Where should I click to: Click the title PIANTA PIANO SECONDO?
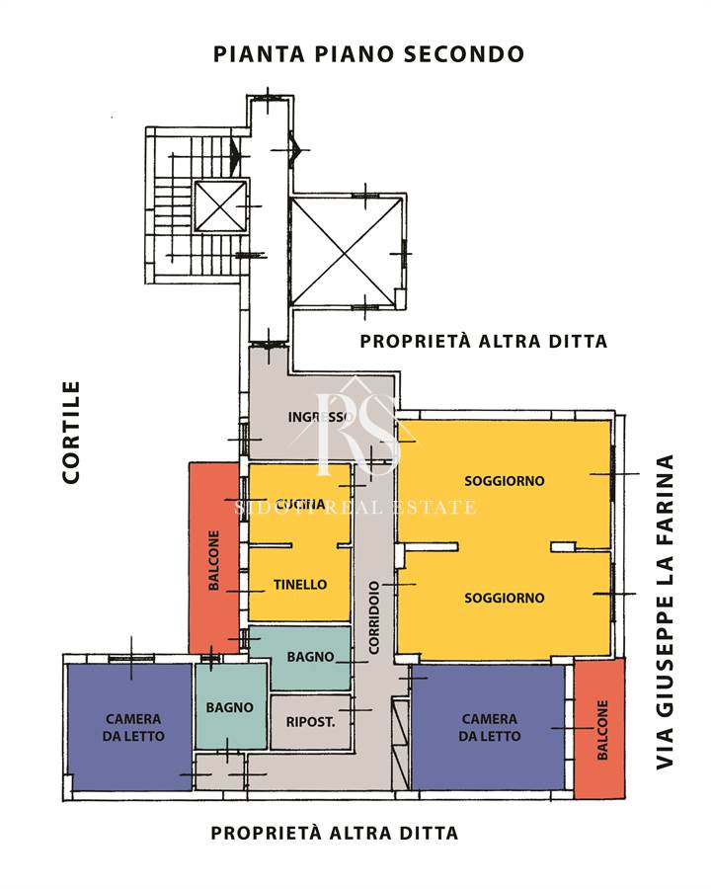click(368, 54)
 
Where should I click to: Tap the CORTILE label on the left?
click(71, 432)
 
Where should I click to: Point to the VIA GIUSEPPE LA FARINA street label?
click(665, 611)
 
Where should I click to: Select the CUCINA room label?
click(301, 504)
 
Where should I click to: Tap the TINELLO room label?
click(300, 585)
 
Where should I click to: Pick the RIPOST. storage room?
click(310, 722)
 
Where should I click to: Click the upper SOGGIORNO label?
click(504, 481)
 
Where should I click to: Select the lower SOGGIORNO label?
click(504, 598)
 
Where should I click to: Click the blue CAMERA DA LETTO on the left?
click(129, 727)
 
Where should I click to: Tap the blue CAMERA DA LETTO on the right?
click(488, 727)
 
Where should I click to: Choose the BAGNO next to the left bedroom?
click(230, 706)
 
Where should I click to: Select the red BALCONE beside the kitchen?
click(214, 558)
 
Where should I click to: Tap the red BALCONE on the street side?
click(599, 728)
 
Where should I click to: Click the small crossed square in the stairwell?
click(220, 206)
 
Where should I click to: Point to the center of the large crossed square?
click(345, 252)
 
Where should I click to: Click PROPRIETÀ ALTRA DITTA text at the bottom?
click(335, 833)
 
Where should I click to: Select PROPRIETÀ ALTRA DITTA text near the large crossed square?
click(484, 342)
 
